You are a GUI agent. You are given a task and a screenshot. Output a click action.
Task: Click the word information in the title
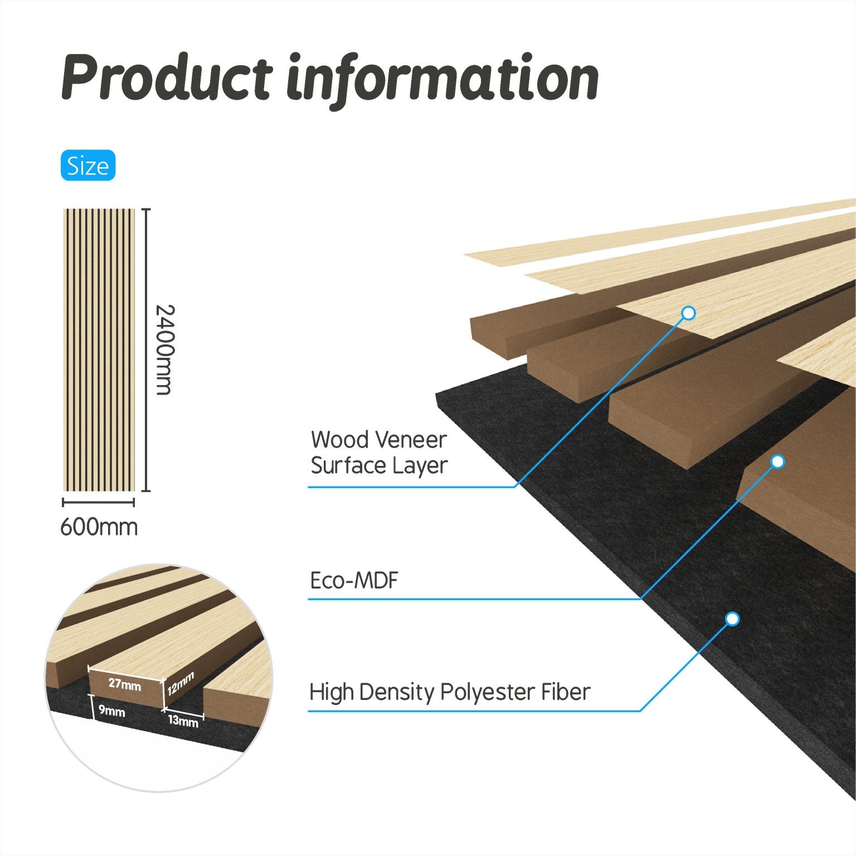[x=443, y=81]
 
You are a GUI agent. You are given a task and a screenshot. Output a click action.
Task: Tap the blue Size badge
[x=88, y=166]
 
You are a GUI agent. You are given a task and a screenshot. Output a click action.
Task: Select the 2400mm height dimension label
[x=164, y=349]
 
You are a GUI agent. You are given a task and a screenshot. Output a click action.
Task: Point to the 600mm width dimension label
[x=99, y=527]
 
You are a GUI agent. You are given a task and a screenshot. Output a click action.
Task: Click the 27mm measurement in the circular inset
[x=125, y=683]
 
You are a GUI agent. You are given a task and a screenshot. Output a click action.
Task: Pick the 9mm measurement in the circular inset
[x=111, y=712]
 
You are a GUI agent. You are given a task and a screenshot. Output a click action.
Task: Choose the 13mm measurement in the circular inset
[x=183, y=721]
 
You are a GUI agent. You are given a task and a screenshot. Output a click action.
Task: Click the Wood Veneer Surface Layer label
[x=379, y=453]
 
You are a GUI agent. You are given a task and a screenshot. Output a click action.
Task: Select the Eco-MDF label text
[x=354, y=581]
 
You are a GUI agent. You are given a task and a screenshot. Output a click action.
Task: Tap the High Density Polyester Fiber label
[x=450, y=692]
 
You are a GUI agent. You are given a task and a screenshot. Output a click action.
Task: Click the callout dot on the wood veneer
[x=689, y=313]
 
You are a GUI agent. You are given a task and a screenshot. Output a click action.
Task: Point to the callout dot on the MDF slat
[x=777, y=461]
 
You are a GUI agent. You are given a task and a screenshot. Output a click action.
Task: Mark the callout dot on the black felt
[x=733, y=619]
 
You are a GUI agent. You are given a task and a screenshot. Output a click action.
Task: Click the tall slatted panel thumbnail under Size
[x=99, y=350]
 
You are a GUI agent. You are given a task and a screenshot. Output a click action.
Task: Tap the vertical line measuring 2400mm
[x=146, y=350]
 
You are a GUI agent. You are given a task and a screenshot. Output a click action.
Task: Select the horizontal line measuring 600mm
[x=99, y=503]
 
